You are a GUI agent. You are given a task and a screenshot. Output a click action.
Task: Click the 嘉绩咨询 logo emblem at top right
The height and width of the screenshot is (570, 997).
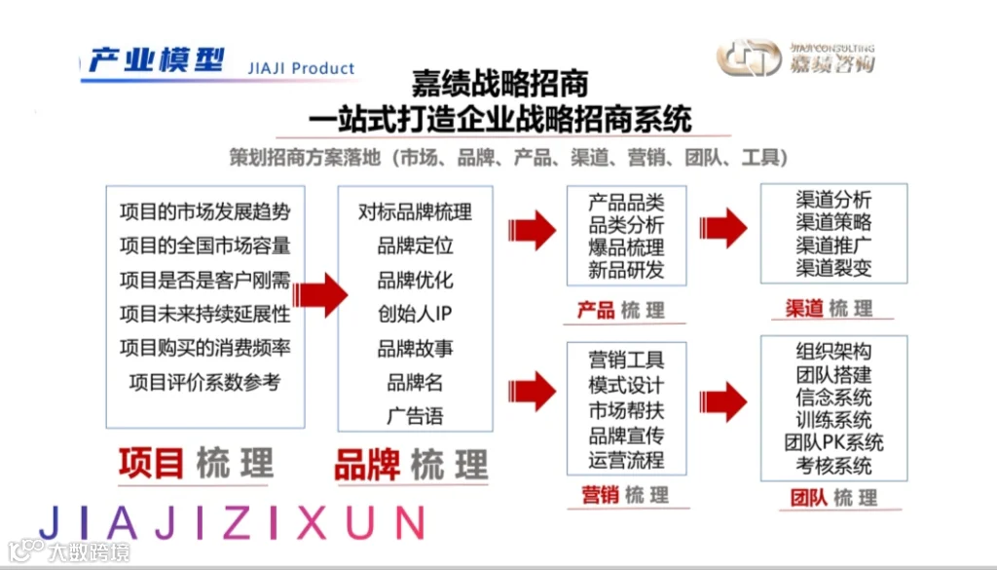pyautogui.click(x=749, y=57)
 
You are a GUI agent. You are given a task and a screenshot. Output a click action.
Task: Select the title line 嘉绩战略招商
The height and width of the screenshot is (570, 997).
pyautogui.click(x=499, y=84)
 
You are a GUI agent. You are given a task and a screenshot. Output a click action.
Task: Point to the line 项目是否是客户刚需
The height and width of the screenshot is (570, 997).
pyautogui.click(x=204, y=280)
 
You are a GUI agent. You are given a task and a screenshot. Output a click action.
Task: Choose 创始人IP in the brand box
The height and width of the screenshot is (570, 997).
pyautogui.click(x=415, y=314)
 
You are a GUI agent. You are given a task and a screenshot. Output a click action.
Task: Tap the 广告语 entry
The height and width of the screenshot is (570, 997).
pyautogui.click(x=415, y=416)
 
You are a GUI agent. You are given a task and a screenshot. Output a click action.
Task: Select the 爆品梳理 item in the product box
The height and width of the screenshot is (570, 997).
pyautogui.click(x=626, y=247)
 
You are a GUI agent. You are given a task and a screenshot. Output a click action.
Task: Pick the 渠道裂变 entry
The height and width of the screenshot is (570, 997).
pyautogui.click(x=833, y=267)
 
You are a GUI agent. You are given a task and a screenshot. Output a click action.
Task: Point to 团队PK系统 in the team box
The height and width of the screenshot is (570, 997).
pyautogui.click(x=833, y=442)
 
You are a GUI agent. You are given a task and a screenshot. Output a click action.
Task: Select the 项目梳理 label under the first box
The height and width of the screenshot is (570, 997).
pyautogui.click(x=196, y=463)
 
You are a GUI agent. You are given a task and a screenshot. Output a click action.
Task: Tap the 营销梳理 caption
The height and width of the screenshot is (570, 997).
pyautogui.click(x=625, y=495)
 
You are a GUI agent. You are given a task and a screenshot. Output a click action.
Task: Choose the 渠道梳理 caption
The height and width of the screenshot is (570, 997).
pyautogui.click(x=829, y=309)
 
